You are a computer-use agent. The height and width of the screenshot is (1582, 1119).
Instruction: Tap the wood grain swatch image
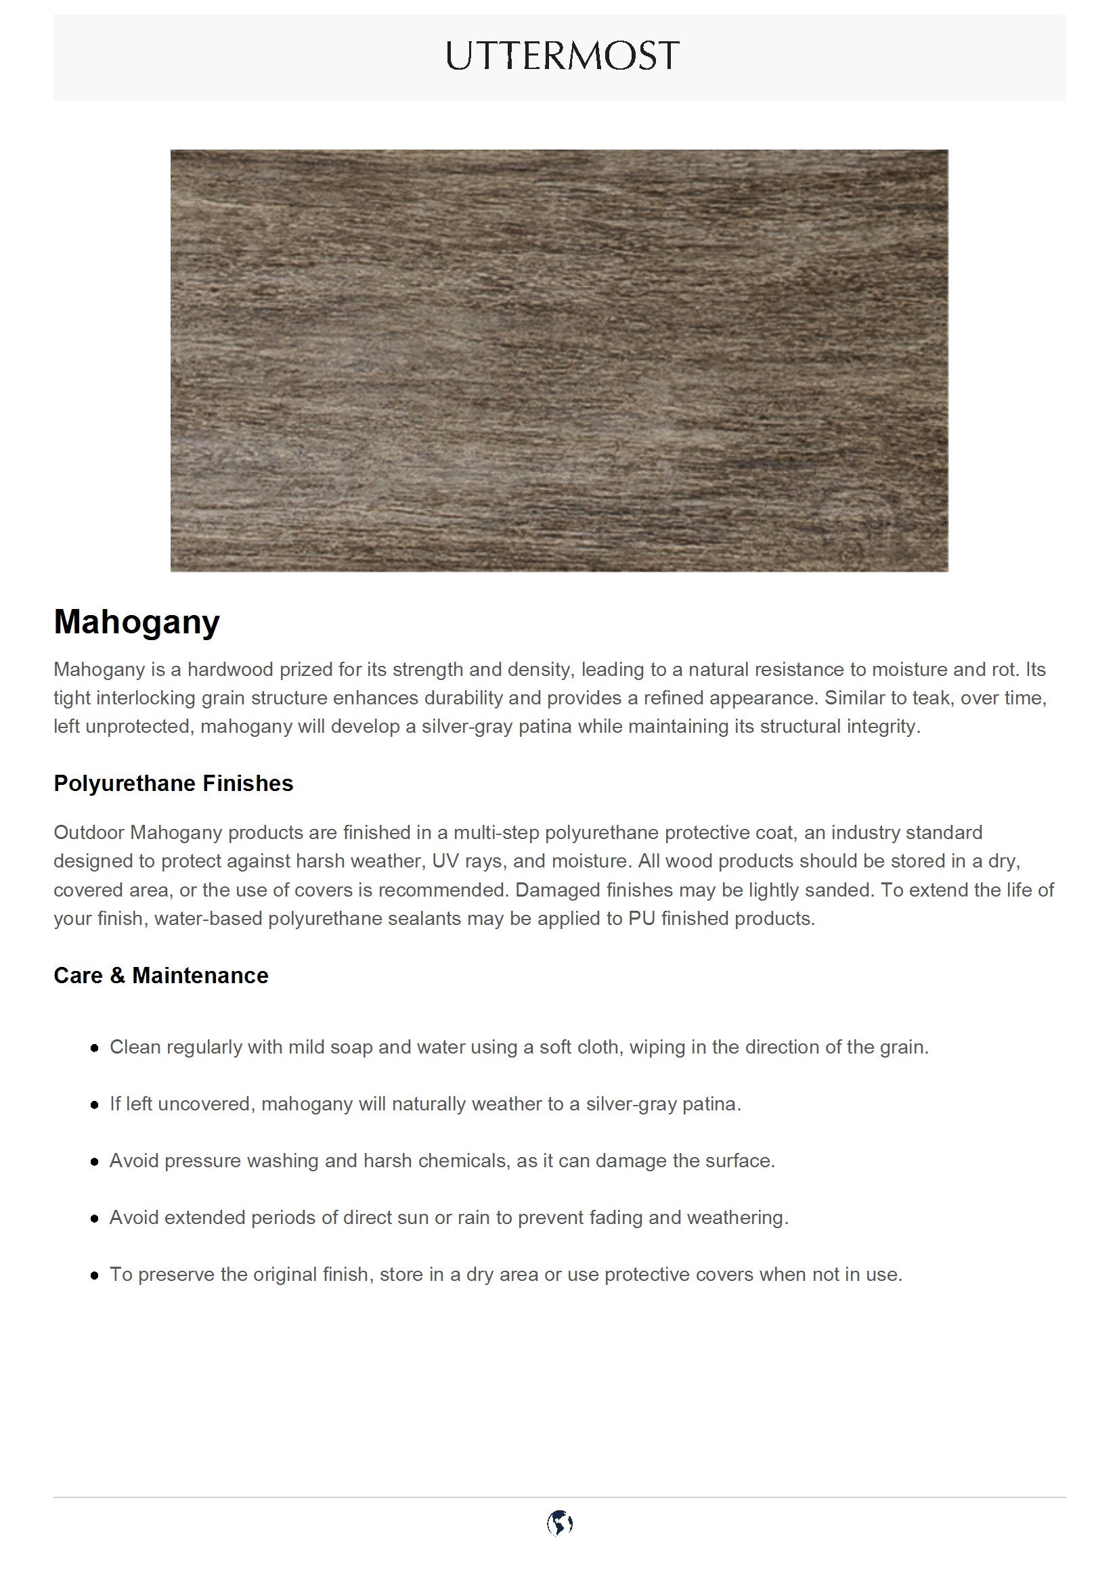click(559, 361)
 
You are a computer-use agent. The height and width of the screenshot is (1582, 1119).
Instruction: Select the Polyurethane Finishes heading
click(173, 784)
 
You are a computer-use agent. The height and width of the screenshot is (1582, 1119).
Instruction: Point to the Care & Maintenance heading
click(160, 976)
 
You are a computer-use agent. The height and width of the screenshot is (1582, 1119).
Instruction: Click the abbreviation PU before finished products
click(641, 918)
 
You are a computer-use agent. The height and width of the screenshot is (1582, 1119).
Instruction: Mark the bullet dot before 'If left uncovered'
click(95, 1105)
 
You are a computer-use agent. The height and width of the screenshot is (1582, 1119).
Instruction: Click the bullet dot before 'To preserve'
click(95, 1275)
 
